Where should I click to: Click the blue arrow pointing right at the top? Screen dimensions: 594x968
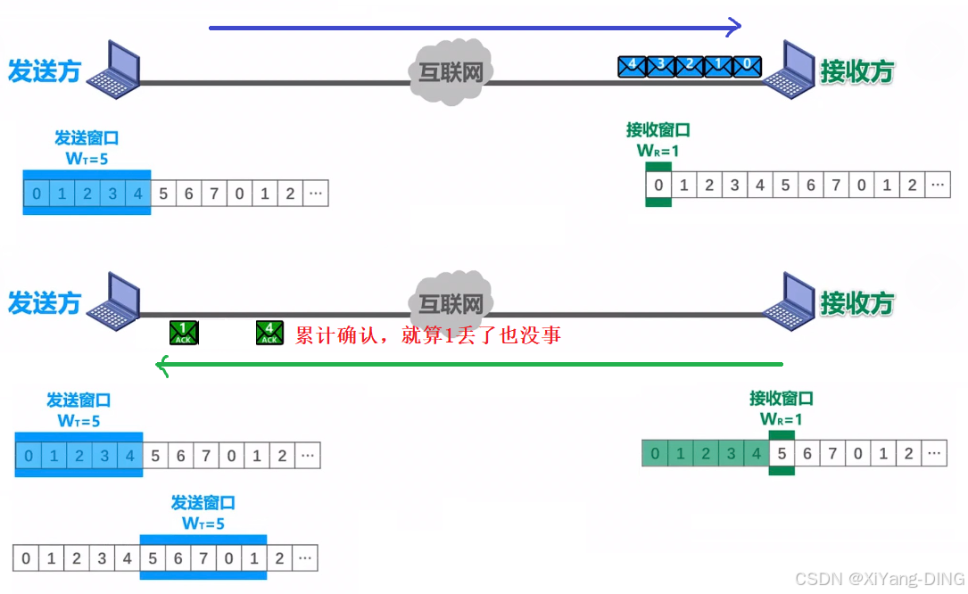coord(473,28)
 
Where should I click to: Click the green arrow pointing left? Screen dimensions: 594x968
coord(468,364)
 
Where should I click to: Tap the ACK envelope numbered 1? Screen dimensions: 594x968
coord(184,333)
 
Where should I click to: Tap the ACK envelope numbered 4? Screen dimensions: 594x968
coord(269,333)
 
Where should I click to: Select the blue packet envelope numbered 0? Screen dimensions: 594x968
coord(746,65)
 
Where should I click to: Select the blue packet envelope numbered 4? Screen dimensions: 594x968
coord(632,65)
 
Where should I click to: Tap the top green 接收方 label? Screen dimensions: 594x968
coord(856,71)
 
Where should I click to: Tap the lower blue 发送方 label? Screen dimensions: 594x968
coord(45,302)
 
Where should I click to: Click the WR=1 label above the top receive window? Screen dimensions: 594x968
coord(658,151)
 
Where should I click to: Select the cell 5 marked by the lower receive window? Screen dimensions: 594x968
coord(782,453)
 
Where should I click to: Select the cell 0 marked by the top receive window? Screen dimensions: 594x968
coord(658,186)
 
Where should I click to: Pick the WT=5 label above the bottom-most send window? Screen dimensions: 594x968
coord(203,524)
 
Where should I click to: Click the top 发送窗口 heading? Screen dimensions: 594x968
coord(87,138)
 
